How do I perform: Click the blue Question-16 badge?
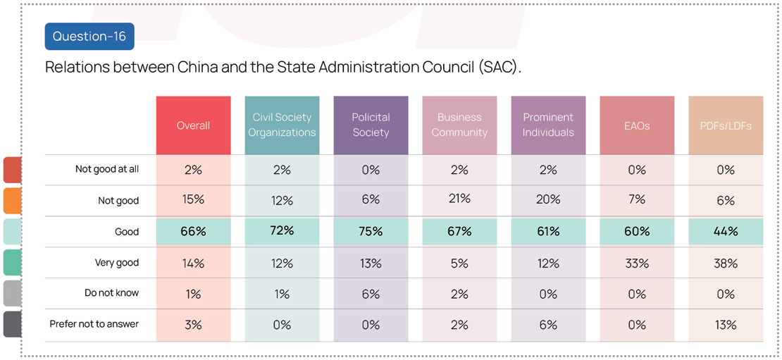[89, 37]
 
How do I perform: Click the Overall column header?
[193, 125]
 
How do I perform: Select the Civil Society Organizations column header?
[282, 125]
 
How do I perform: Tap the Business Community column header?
[459, 125]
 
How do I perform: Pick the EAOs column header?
[637, 125]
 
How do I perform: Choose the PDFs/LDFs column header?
[726, 125]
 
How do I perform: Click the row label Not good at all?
[107, 170]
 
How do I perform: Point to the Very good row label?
[117, 263]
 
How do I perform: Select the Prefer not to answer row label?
[94, 325]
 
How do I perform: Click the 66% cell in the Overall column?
[193, 232]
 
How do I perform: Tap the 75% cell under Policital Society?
[371, 232]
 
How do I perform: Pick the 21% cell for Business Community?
[459, 199]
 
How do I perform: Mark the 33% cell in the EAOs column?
[637, 263]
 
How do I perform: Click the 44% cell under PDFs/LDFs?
[726, 232]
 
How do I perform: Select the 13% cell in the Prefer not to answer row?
[726, 325]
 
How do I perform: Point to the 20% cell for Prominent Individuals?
[548, 200]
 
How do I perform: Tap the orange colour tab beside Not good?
[12, 201]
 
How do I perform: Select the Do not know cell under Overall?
[193, 294]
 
